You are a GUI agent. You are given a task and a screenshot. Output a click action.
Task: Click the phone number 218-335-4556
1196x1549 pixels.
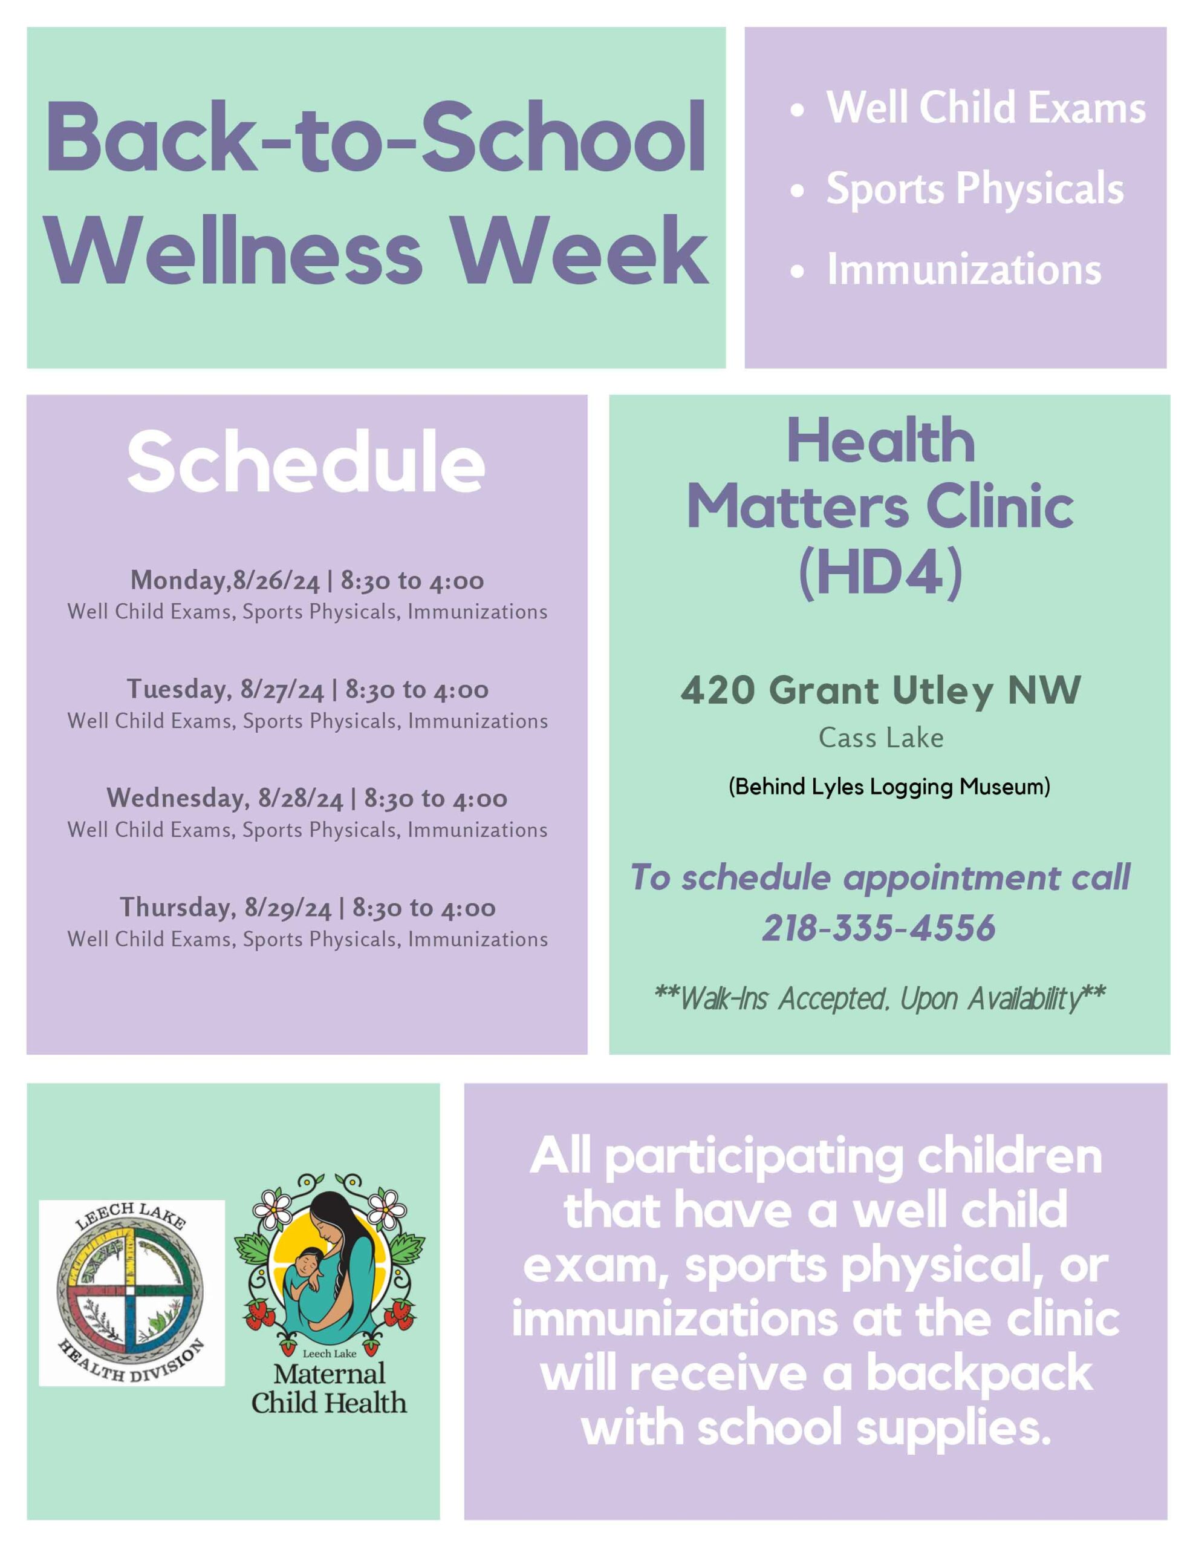tap(879, 928)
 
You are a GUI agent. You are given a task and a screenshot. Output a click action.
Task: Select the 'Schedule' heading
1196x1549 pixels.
tap(307, 464)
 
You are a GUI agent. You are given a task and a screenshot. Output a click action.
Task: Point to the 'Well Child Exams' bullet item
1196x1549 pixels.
tap(986, 108)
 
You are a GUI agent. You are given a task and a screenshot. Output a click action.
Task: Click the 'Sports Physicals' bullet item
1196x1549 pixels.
tap(975, 189)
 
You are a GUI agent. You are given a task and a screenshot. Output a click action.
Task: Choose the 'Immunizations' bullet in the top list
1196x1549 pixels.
tap(964, 270)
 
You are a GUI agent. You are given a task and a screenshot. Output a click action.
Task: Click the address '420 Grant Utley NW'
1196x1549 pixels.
tap(880, 691)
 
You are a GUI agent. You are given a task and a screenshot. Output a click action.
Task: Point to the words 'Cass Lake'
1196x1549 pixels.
tap(881, 738)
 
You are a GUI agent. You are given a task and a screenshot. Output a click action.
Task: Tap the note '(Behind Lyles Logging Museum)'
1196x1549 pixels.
tap(889, 787)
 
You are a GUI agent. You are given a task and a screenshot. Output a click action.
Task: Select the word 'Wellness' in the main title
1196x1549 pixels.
tap(235, 252)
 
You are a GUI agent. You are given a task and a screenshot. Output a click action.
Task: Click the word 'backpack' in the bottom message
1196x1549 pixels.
tap(979, 1374)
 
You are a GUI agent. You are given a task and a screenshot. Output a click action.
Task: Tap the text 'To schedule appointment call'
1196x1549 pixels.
tap(880, 878)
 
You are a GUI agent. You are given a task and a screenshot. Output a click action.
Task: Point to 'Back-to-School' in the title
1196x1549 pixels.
tap(375, 139)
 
